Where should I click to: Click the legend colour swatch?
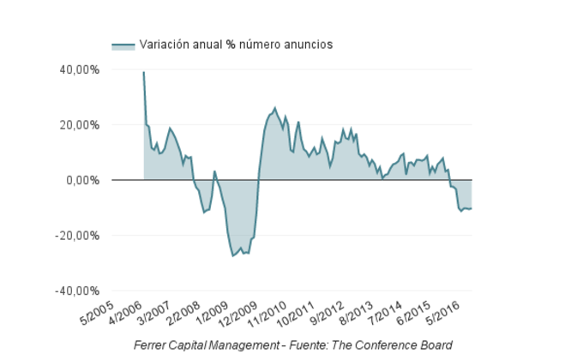pos(123,45)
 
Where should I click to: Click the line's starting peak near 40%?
pos(143,72)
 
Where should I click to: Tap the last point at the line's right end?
pos(472,208)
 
